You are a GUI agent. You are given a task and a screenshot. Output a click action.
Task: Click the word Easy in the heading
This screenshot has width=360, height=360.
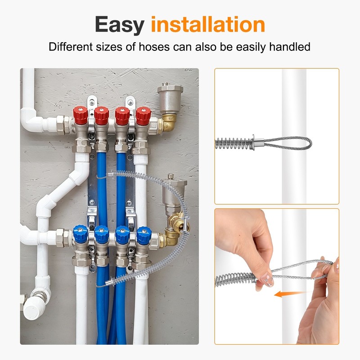[x=120, y=25]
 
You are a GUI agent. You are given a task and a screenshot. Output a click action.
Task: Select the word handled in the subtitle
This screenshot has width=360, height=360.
[x=289, y=47]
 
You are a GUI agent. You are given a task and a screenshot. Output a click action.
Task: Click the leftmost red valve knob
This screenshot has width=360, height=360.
[x=81, y=115]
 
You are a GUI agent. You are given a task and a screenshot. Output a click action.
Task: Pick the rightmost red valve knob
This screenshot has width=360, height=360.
[x=143, y=116]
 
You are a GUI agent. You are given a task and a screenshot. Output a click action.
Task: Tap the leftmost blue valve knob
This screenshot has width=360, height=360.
[x=81, y=233]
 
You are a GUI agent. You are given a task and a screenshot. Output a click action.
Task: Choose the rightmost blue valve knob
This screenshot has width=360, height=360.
[x=144, y=234]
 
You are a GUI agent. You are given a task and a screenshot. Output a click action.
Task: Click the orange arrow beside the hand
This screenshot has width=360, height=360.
[x=288, y=294]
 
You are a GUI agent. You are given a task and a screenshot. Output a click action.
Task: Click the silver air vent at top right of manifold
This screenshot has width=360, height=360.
[x=170, y=98]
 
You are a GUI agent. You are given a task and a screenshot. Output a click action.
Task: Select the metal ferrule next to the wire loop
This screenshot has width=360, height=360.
[x=258, y=143]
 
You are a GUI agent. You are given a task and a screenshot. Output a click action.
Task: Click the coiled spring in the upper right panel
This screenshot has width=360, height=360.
[x=234, y=144]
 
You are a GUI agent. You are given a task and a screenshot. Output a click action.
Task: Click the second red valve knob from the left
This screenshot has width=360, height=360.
[x=102, y=116]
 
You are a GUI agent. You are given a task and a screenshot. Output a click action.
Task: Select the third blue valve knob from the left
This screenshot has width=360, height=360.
[x=122, y=234]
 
